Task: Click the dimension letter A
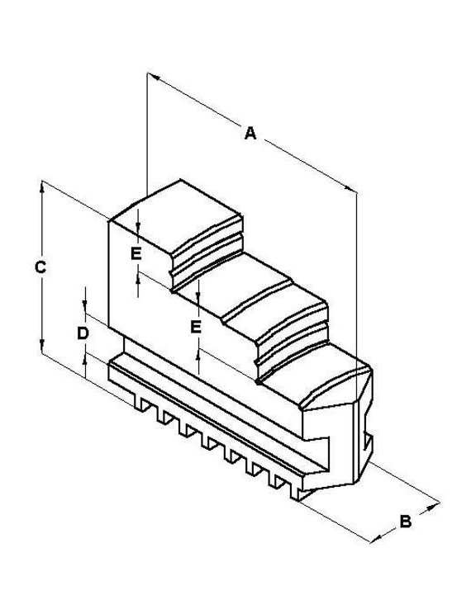click(250, 133)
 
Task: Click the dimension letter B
click(405, 522)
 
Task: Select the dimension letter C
click(40, 267)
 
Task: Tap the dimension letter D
click(83, 333)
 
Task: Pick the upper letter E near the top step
click(136, 254)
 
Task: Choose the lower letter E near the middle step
click(196, 327)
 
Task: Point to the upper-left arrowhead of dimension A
click(154, 77)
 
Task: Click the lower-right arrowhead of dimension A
click(350, 189)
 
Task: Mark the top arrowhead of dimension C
click(42, 187)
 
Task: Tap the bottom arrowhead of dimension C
click(42, 346)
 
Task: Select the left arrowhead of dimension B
click(376, 539)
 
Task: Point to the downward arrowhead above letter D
click(84, 306)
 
